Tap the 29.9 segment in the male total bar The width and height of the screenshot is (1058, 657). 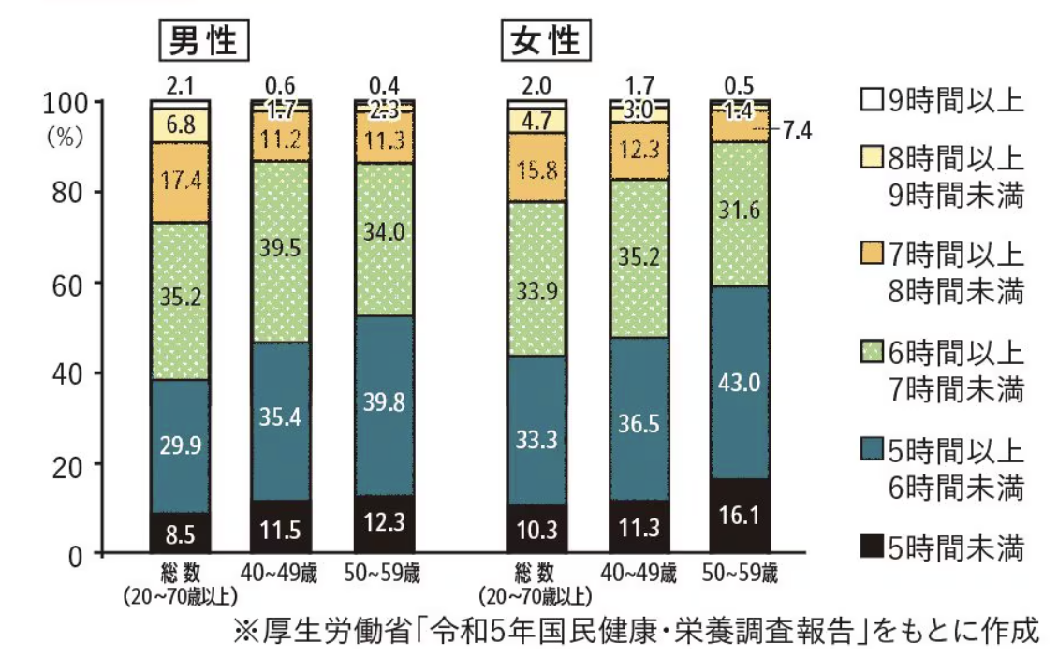pos(180,445)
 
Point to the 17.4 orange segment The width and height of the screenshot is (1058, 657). pos(180,182)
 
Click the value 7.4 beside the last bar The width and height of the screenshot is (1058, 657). pos(796,130)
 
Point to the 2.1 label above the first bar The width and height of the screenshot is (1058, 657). pos(180,86)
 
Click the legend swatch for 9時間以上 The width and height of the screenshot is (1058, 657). pos(870,98)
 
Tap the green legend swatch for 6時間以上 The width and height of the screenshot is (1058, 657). pos(870,354)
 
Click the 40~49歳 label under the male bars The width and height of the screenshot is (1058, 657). pos(281,573)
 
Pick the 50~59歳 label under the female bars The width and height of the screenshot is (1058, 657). pos(740,573)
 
